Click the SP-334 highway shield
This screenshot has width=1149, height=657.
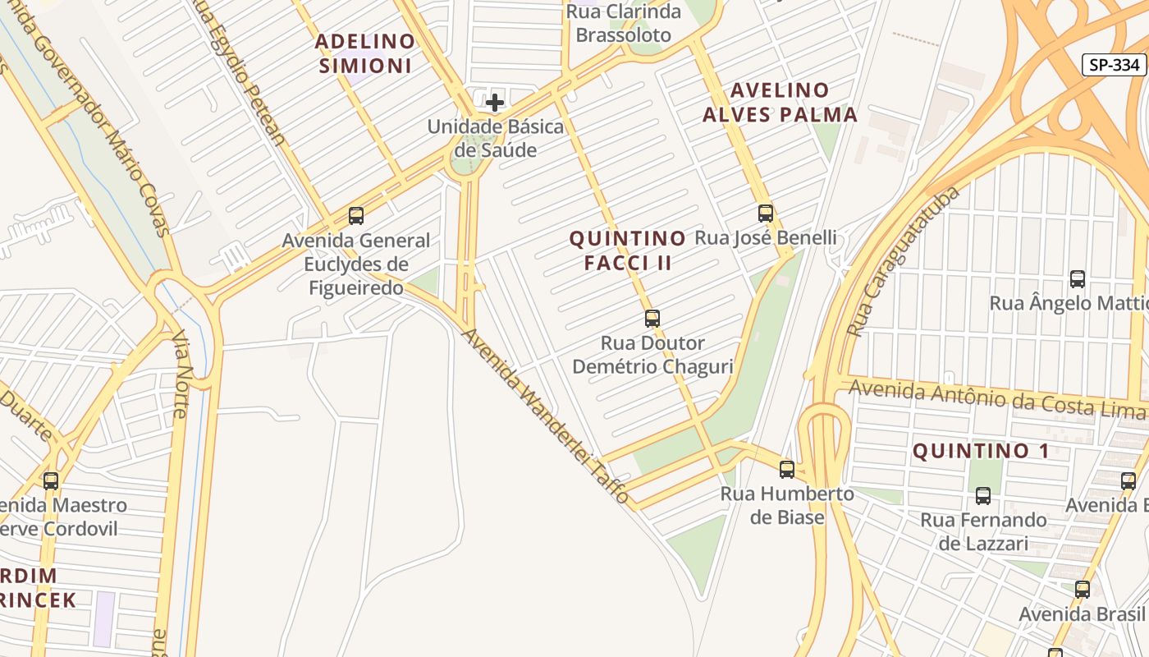(1114, 65)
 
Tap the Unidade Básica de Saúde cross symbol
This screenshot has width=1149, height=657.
(495, 103)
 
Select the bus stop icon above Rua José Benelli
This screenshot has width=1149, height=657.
(766, 214)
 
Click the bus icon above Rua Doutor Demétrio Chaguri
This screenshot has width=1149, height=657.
(652, 318)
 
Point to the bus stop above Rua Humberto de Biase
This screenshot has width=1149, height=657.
(787, 470)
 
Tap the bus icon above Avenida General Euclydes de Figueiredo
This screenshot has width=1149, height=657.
(356, 216)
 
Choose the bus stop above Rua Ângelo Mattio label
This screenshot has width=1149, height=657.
(1078, 279)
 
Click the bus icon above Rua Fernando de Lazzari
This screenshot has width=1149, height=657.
(982, 496)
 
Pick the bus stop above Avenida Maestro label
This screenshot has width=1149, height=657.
(51, 481)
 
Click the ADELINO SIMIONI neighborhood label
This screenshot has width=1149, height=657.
(365, 53)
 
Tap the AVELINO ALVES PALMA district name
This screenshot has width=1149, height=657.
(780, 102)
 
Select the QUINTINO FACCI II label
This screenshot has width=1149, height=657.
(628, 250)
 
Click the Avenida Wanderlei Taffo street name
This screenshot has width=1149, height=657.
(545, 416)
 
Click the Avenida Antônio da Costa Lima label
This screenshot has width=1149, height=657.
(997, 398)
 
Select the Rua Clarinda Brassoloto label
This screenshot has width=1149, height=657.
(624, 24)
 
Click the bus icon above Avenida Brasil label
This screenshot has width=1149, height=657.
(1083, 590)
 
